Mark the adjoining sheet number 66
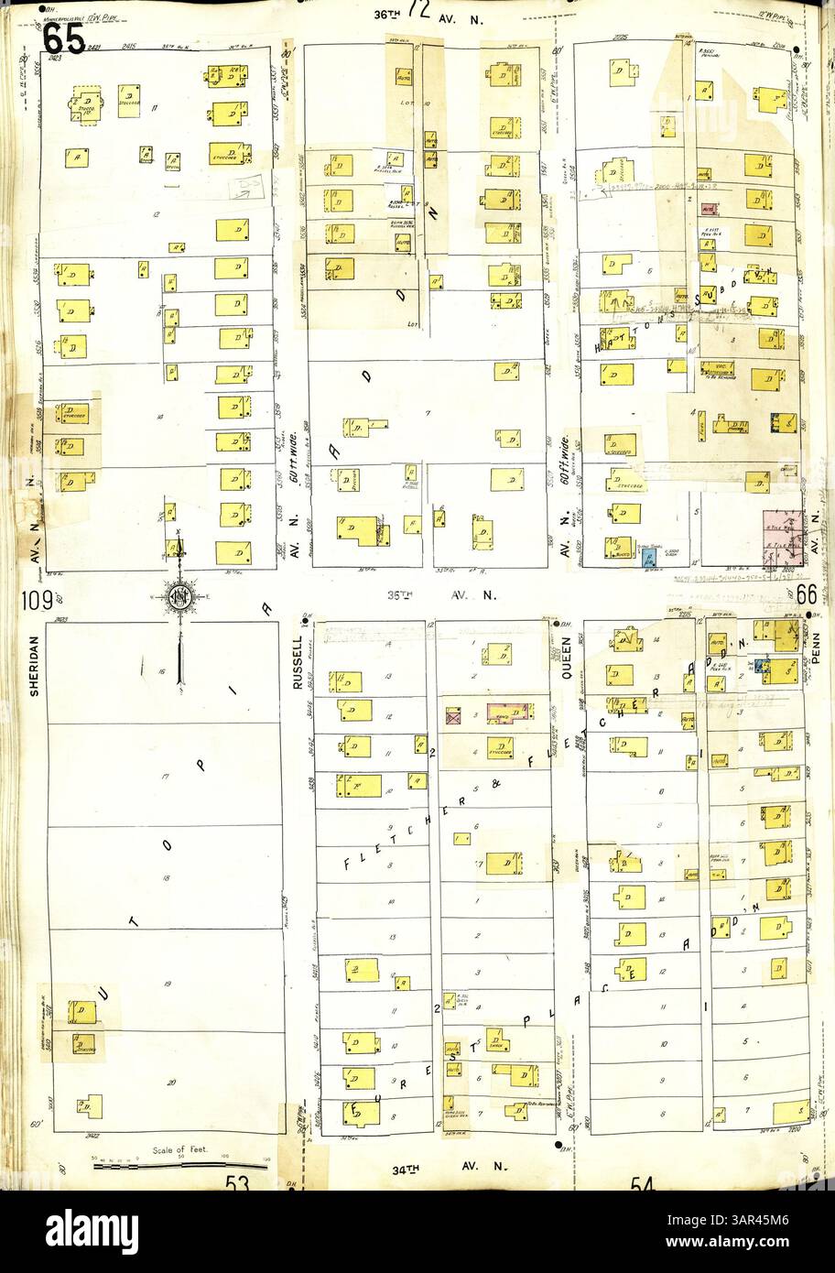(x=807, y=593)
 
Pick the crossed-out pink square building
(x=452, y=715)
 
